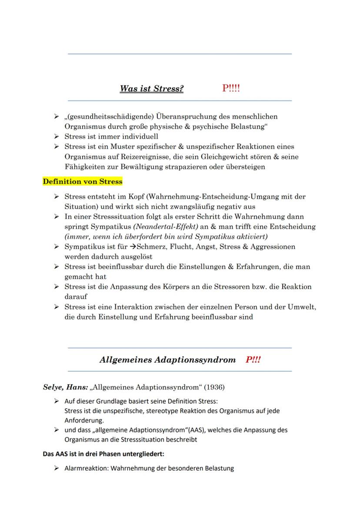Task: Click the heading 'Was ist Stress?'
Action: click(x=152, y=89)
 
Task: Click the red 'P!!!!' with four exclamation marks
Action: click(x=231, y=88)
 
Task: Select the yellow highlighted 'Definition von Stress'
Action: click(x=83, y=182)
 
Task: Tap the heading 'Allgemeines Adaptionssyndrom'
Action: click(x=167, y=360)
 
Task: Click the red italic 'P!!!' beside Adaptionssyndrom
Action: click(x=253, y=360)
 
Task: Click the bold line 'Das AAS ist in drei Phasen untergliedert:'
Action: click(x=104, y=454)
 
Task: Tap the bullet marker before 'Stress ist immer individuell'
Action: click(x=57, y=136)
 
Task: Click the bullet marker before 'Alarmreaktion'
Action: click(x=57, y=468)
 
